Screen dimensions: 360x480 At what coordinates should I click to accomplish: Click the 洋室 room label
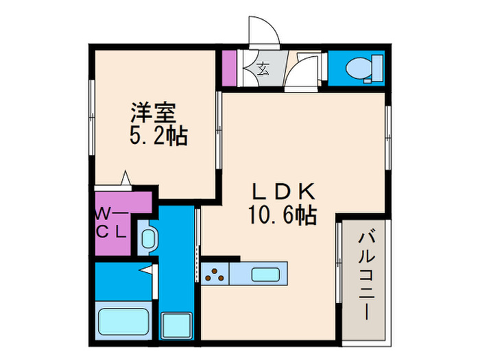(x=156, y=111)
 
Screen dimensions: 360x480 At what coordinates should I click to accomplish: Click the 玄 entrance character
(x=263, y=67)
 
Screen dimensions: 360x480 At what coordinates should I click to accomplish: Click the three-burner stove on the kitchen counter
(x=215, y=274)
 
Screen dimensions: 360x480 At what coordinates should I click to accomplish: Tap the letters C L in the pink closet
(x=112, y=230)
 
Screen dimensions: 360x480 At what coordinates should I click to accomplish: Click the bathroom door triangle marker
(x=147, y=269)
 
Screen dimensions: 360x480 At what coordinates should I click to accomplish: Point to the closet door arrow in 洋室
(x=125, y=178)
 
